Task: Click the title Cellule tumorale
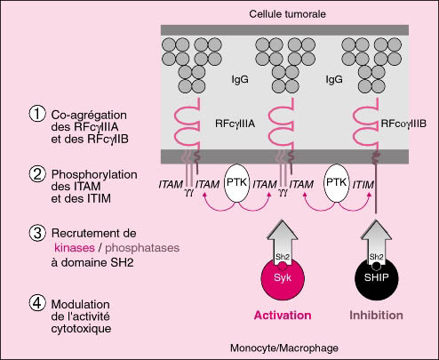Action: (287, 14)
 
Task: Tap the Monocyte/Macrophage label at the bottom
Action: (284, 348)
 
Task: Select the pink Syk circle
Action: (283, 278)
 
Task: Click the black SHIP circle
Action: (377, 278)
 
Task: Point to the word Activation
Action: (283, 316)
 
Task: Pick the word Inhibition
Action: (376, 316)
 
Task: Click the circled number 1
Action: (37, 115)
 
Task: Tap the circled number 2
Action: (37, 174)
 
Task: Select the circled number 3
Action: (37, 233)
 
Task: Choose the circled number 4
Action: (37, 303)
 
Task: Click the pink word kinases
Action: (75, 248)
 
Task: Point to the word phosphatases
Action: (142, 248)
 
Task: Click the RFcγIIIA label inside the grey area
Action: (235, 124)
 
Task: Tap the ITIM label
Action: (363, 185)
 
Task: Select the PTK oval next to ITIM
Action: (337, 183)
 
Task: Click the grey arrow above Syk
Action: (283, 242)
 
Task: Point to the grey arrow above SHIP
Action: (376, 242)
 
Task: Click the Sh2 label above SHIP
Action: (376, 257)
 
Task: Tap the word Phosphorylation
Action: (94, 175)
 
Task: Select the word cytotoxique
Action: (81, 329)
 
